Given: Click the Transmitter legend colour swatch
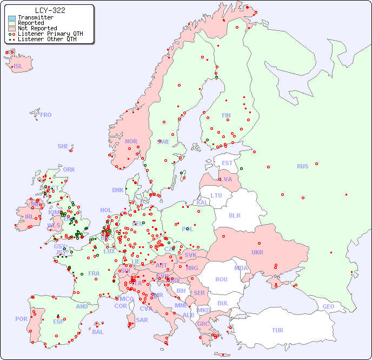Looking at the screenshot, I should pos(12,18).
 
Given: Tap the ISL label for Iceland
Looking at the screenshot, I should pos(18,67).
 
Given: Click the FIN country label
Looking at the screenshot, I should pos(226,115).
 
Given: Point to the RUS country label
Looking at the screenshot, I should pos(302,166).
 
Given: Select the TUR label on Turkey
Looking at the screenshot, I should pos(277,330).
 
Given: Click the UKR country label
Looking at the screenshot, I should pos(257,252).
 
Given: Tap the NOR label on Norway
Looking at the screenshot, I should pos(131,141).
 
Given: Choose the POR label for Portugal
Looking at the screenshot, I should pos(21,319).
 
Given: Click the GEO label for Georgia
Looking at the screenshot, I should pos(328,306).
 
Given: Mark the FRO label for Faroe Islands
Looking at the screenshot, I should pos(46,115).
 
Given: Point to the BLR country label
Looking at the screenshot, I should pos(234,215).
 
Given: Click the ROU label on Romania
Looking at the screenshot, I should pos(221,279).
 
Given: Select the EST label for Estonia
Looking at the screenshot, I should pos(227,163).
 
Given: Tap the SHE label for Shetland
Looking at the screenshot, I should pos(63,146).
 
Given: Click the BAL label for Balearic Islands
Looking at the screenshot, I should pos(97,332).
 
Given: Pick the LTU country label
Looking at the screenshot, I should pos(216,195).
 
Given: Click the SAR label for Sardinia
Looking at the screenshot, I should pos(142,320).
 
